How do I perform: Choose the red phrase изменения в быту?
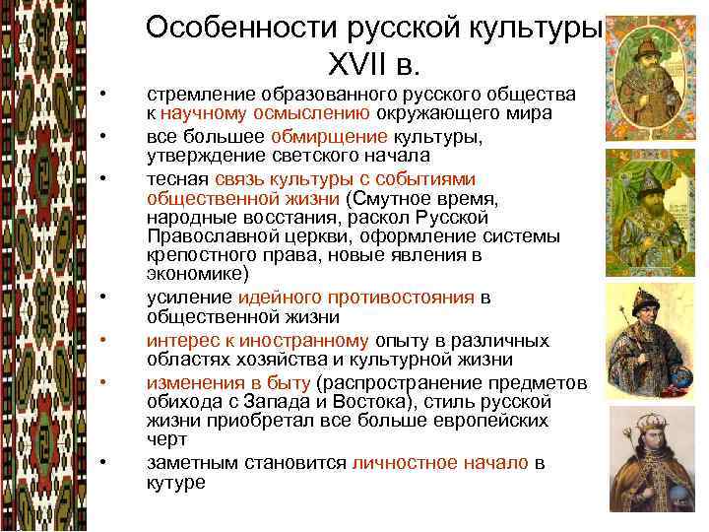point(228,383)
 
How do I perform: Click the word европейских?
point(488,421)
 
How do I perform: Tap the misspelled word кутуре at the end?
point(175,482)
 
